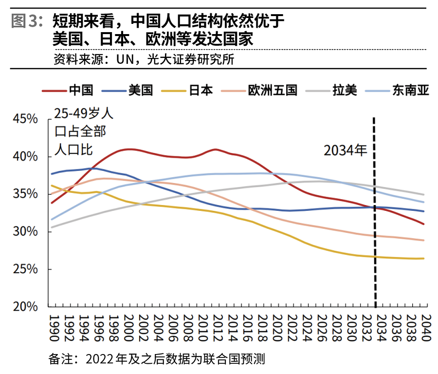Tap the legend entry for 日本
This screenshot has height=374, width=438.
201,91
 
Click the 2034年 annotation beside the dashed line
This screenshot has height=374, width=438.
346,150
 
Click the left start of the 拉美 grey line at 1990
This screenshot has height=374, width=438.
51,227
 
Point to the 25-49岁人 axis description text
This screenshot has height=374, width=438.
83,114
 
